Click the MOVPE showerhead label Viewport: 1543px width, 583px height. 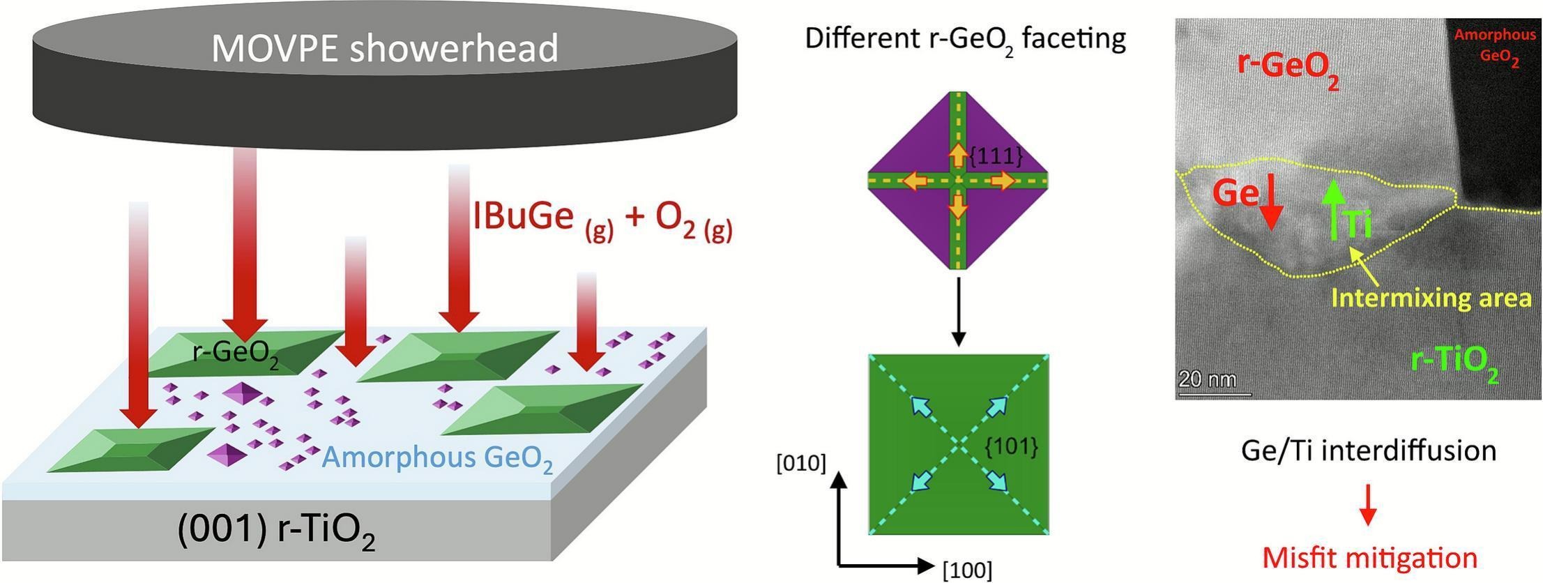(385, 49)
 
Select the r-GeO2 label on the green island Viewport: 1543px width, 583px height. (236, 355)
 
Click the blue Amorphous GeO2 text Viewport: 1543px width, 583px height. (438, 459)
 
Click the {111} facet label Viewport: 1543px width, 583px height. (996, 157)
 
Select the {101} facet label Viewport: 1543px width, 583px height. (1010, 446)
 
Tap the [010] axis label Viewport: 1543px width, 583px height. (800, 463)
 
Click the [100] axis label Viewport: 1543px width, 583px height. (966, 570)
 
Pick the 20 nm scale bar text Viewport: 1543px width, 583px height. (1207, 380)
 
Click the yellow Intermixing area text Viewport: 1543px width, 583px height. (1431, 298)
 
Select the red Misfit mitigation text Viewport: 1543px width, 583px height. (1369, 558)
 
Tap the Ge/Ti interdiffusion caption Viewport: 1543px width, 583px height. (1369, 451)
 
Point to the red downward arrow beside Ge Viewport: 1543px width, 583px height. (1271, 203)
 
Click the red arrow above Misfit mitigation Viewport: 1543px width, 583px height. (1369, 504)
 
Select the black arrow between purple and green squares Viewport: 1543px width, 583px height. (959, 311)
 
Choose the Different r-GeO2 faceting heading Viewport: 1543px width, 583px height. (966, 38)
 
